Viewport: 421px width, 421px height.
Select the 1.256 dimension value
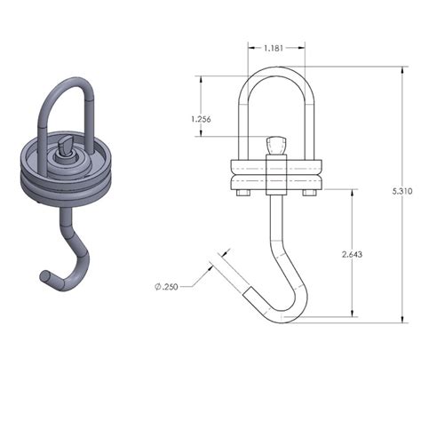pyautogui.click(x=202, y=118)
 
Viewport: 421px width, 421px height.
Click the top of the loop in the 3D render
pyautogui.click(x=67, y=84)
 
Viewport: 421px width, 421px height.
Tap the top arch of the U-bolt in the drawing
pyautogui.click(x=276, y=75)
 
